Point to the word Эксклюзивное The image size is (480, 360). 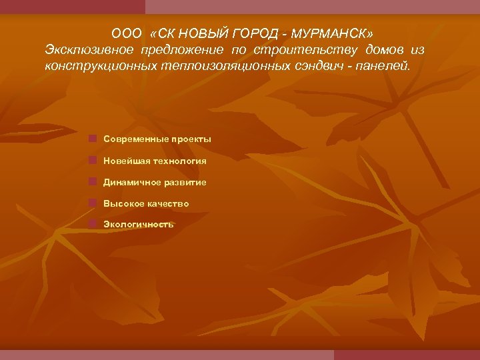pos(89,50)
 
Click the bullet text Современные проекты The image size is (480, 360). pos(157,139)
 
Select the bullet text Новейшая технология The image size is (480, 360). pos(155,161)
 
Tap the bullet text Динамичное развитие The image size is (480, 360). pos(155,182)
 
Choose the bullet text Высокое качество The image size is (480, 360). pos(146,203)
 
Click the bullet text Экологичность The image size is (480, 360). pos(138,225)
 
